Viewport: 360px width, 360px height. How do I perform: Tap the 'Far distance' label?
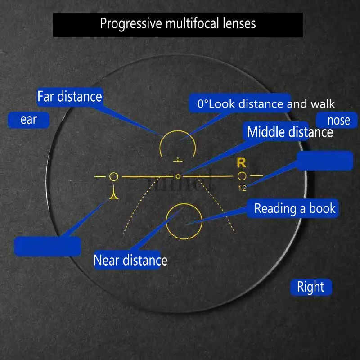[70, 96]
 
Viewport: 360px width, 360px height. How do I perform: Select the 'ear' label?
[28, 120]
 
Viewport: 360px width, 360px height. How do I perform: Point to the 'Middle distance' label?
[290, 132]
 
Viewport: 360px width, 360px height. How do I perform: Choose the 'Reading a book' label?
[295, 208]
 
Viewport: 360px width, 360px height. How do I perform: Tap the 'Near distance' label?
[130, 260]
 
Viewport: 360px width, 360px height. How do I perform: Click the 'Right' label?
[310, 287]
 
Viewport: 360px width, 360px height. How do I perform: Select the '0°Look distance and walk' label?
[265, 104]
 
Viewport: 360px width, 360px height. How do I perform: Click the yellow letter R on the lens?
[241, 163]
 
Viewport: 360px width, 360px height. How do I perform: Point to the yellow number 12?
[242, 188]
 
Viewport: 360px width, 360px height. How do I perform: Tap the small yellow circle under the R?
[242, 176]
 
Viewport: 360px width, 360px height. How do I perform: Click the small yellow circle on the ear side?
[114, 176]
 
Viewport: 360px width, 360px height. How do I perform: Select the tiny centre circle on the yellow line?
[178, 176]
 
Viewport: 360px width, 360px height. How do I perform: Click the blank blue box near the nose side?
[325, 161]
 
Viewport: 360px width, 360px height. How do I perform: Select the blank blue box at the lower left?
[48, 246]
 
